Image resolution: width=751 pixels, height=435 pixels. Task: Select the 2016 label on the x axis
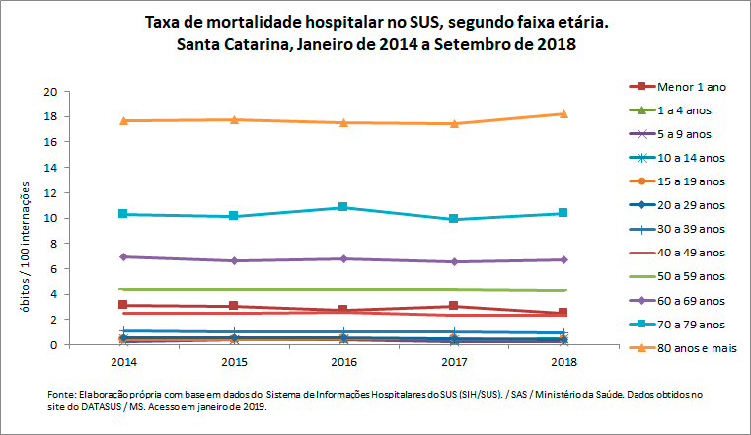[342, 362]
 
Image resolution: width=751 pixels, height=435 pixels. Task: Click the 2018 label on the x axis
[563, 362]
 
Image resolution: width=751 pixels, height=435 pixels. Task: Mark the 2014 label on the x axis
[122, 362]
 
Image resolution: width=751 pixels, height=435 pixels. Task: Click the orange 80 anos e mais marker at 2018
[563, 113]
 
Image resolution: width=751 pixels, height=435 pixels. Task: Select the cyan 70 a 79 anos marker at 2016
[342, 207]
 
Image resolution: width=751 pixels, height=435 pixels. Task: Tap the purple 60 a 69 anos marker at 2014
[122, 256]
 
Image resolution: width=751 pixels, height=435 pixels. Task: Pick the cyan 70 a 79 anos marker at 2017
[453, 219]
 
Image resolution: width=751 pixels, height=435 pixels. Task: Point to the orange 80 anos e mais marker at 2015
[233, 119]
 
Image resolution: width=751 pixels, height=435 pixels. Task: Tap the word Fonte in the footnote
[62, 394]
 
